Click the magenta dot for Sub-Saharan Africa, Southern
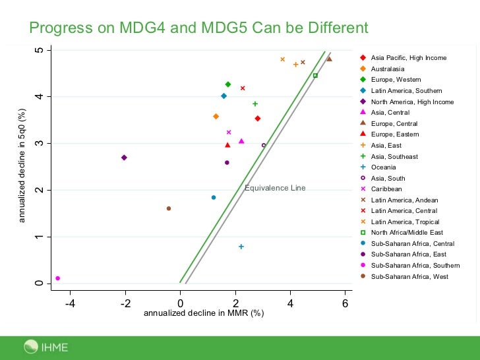tap(58, 278)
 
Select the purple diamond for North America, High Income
tap(124, 158)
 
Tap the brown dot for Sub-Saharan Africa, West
tap(169, 208)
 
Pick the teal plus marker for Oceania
tap(241, 247)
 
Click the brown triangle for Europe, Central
tap(329, 59)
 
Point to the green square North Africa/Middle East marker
tap(315, 75)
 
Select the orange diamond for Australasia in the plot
tap(216, 116)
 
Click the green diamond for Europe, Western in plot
tap(228, 84)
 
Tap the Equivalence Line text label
tap(275, 188)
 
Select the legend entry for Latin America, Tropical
tap(404, 222)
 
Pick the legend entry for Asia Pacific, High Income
tap(407, 58)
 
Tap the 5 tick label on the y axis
tap(40, 51)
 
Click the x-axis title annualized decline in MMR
tap(204, 313)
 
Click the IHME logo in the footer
tap(46, 346)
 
